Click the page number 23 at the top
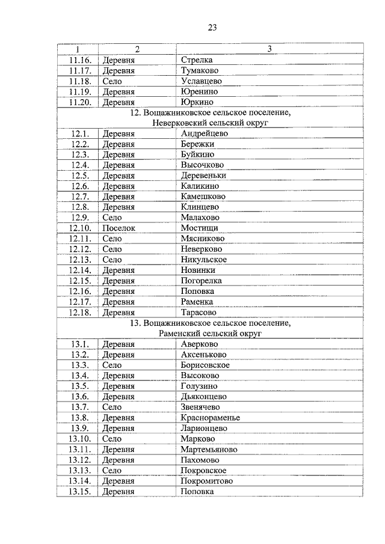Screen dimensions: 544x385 (212, 27)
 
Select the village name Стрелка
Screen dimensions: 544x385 (197, 60)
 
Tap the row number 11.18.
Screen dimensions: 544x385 (79, 81)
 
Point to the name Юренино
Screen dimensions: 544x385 (199, 91)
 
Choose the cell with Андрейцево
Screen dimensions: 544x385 (205, 133)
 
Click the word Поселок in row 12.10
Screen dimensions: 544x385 (119, 228)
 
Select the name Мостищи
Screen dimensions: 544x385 (199, 228)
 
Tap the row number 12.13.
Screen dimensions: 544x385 (79, 260)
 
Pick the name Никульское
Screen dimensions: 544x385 (203, 260)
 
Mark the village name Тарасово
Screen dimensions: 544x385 (199, 312)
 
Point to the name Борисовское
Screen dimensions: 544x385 (205, 365)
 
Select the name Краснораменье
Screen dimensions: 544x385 (210, 417)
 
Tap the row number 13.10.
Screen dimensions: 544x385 (79, 438)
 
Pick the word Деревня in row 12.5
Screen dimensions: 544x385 (119, 176)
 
